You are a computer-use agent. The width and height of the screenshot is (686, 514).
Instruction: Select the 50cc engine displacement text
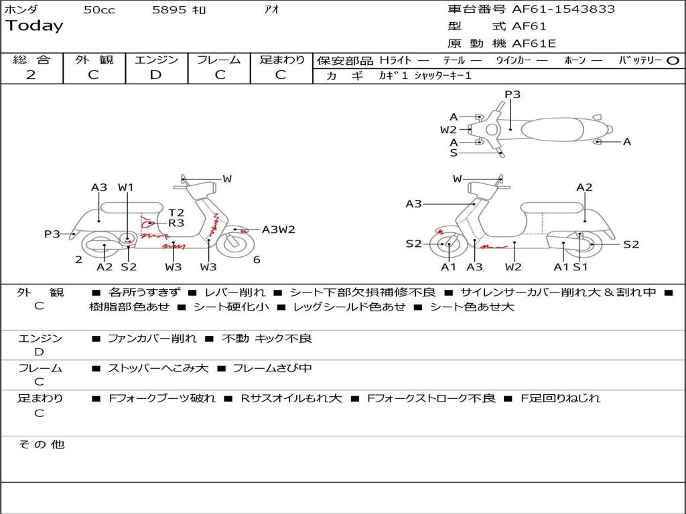pyautogui.click(x=99, y=10)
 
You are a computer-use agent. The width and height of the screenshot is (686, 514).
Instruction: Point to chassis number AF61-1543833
pyautogui.click(x=563, y=9)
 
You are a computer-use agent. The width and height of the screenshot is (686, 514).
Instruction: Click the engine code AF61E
pyautogui.click(x=534, y=44)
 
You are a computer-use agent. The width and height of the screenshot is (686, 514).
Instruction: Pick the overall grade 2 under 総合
pyautogui.click(x=31, y=75)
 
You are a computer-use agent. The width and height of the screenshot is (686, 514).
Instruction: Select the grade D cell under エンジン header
pyautogui.click(x=155, y=75)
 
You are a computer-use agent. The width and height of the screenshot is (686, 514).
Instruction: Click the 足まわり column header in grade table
pyautogui.click(x=281, y=60)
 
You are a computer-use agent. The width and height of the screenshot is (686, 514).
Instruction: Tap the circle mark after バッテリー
pyautogui.click(x=673, y=60)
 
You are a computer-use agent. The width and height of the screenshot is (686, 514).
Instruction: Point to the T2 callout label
pyautogui.click(x=176, y=213)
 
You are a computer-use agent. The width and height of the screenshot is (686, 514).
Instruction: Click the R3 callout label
pyautogui.click(x=176, y=224)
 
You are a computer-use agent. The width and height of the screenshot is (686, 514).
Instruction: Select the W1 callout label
pyautogui.click(x=126, y=187)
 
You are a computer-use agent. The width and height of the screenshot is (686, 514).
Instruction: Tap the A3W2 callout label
pyautogui.click(x=279, y=230)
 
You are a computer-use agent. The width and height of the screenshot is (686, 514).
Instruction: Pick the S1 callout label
pyautogui.click(x=580, y=267)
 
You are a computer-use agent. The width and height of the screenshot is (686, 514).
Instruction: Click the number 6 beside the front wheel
pyautogui.click(x=257, y=260)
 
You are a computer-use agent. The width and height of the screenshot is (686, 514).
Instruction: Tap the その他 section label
pyautogui.click(x=41, y=444)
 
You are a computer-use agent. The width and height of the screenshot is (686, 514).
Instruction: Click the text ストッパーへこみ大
pyautogui.click(x=158, y=368)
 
